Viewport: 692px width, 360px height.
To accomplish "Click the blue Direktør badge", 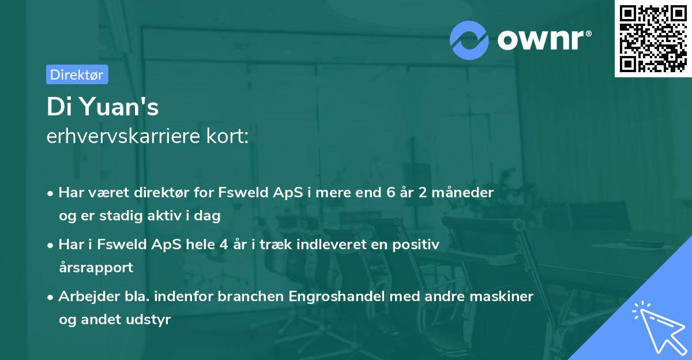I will (x=77, y=74).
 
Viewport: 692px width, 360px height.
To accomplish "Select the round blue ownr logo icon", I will (x=469, y=40).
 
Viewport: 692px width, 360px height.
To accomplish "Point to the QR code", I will (x=652, y=38).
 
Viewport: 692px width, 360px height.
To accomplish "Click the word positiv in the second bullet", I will (x=418, y=245).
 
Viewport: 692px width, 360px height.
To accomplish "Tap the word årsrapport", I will (x=96, y=268).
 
